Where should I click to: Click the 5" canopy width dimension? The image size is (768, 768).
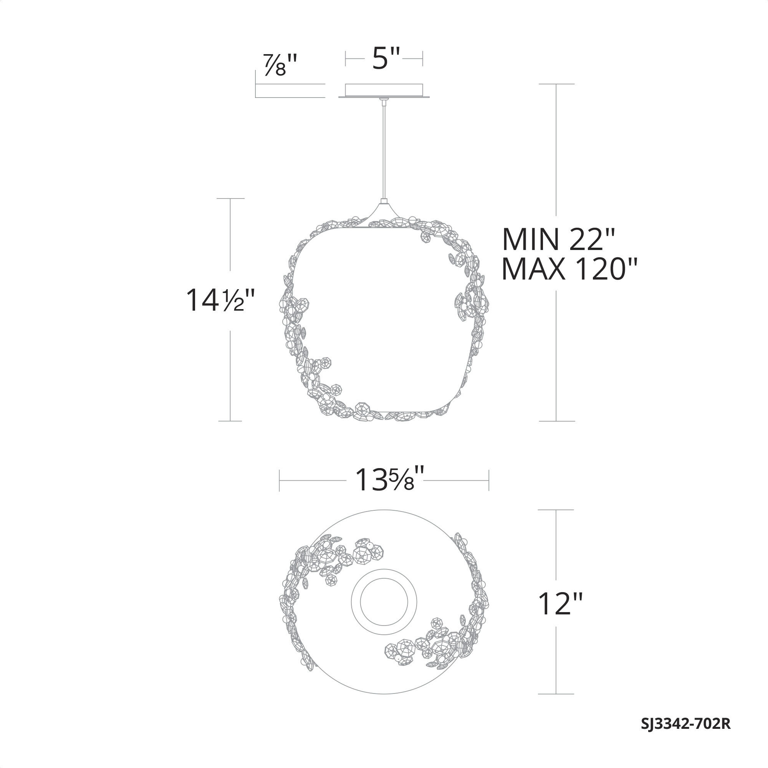[x=385, y=58]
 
